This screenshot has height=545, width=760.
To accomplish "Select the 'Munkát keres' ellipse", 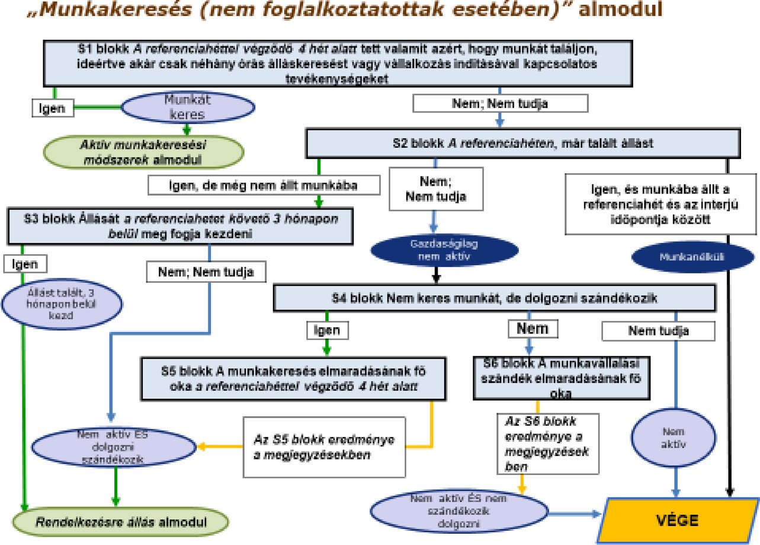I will pyautogui.click(x=188, y=107).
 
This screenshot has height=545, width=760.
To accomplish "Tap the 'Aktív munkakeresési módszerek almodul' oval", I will pyautogui.click(x=143, y=152).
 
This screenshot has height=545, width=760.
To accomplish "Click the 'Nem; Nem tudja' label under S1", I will pyautogui.click(x=500, y=103).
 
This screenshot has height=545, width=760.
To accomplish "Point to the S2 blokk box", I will pyautogui.click(x=523, y=144).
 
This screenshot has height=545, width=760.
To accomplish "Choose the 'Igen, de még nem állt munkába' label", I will pyautogui.click(x=264, y=186).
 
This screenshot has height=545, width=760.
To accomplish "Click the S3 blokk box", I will pyautogui.click(x=181, y=226).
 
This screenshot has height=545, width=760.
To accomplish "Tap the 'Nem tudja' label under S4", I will pyautogui.click(x=658, y=331).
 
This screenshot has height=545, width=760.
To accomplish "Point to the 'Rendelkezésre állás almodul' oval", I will pyautogui.click(x=122, y=522).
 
